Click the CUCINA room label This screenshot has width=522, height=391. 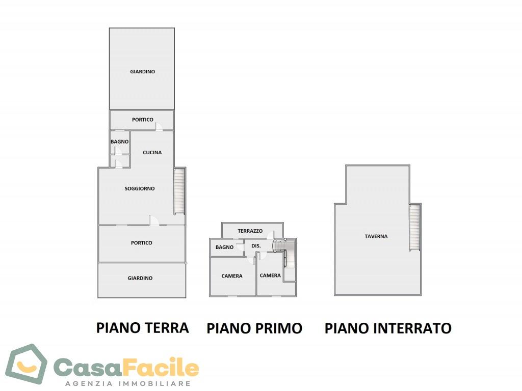pyautogui.click(x=152, y=152)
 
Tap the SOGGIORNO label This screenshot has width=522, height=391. pyautogui.click(x=140, y=188)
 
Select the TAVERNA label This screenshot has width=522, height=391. pyautogui.click(x=376, y=236)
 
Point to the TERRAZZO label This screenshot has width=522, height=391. pyautogui.click(x=250, y=231)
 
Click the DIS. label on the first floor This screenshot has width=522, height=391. pyautogui.click(x=256, y=246)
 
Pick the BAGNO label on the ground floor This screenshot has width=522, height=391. pyautogui.click(x=120, y=142)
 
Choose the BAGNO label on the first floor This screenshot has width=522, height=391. pyautogui.click(x=224, y=247)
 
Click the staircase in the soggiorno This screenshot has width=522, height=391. pyautogui.click(x=179, y=191)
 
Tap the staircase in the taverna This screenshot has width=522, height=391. pyautogui.click(x=415, y=227)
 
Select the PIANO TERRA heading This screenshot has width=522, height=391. pyautogui.click(x=143, y=327)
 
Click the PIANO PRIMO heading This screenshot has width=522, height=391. pyautogui.click(x=254, y=328)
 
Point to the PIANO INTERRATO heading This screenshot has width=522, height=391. pyautogui.click(x=388, y=328)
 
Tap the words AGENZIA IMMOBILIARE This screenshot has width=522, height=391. pyautogui.click(x=128, y=383)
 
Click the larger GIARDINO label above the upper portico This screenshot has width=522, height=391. pyautogui.click(x=142, y=72)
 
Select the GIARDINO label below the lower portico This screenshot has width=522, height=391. pyautogui.click(x=140, y=278)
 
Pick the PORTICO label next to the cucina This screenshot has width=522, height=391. pyautogui.click(x=143, y=120)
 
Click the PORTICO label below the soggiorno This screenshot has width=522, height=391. pyautogui.click(x=142, y=243)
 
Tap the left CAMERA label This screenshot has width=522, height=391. pyautogui.click(x=232, y=276)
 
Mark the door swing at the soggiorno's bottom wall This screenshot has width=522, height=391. pyautogui.click(x=153, y=220)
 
